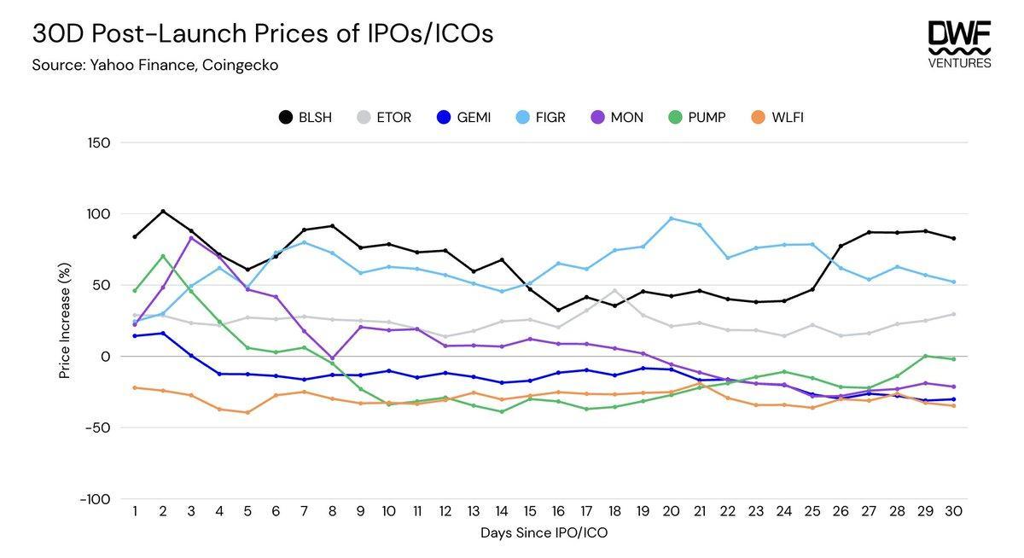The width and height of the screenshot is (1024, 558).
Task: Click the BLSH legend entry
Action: point(305,117)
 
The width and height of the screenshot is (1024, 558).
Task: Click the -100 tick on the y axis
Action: point(96,499)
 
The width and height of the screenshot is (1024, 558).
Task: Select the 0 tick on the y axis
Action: point(105,357)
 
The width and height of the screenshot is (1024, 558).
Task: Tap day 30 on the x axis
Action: point(953,512)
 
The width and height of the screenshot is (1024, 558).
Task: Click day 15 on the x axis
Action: point(530,512)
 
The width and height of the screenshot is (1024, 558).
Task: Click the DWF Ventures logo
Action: point(959,44)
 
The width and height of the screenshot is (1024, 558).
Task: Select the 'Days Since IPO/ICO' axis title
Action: point(543,533)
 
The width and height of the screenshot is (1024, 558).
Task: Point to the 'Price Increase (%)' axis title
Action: point(65,321)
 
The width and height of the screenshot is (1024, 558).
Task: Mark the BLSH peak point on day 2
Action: point(163,212)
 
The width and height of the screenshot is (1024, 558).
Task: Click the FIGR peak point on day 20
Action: point(671,218)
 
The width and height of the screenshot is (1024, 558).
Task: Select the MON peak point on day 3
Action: point(191,237)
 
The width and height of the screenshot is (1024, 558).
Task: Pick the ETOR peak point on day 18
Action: point(614,291)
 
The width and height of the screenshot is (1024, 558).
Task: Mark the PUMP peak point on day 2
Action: point(163,256)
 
